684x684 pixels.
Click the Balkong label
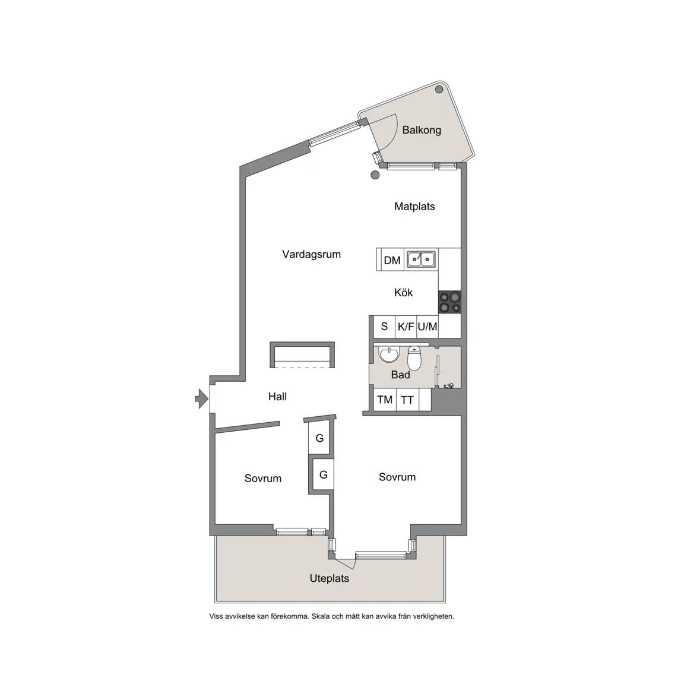tap(422, 130)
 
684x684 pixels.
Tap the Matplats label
tap(414, 207)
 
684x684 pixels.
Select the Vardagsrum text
tap(312, 254)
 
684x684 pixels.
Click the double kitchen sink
tap(421, 259)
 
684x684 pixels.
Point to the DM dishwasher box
tap(392, 260)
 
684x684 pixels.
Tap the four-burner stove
tap(449, 302)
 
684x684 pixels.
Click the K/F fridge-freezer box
tap(406, 327)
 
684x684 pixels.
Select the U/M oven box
tap(427, 327)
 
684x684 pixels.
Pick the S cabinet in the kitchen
tap(384, 327)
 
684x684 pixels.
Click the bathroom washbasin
tap(388, 354)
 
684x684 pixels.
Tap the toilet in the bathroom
tap(414, 357)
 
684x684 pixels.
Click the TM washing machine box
tap(385, 400)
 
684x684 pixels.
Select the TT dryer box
tap(407, 400)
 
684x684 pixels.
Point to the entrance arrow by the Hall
tap(201, 398)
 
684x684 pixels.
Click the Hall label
tap(277, 397)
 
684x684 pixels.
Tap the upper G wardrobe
tap(320, 438)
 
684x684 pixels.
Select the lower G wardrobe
tap(323, 474)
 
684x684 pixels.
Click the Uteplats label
tap(330, 578)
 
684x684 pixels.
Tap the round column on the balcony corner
tap(439, 90)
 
